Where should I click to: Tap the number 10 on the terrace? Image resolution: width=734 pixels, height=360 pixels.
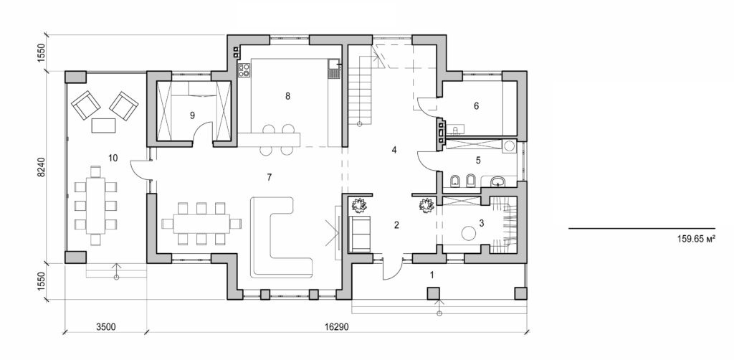[x=113, y=156]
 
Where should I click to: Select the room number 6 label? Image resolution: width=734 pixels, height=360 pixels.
[x=475, y=105]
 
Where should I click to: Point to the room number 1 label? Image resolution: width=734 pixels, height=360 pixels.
[x=432, y=274]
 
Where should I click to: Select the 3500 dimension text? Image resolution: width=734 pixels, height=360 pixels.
[x=106, y=326]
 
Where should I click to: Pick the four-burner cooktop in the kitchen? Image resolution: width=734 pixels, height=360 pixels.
[x=244, y=70]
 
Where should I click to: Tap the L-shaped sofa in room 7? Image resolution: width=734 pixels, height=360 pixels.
[x=276, y=237]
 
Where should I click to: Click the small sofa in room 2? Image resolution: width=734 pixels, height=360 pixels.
[x=359, y=233]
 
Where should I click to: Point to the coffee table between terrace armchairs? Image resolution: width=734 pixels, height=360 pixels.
[x=105, y=125]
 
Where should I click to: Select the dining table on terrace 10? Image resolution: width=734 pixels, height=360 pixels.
[x=94, y=204]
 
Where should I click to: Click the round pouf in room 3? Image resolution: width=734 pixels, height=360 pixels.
[x=468, y=234]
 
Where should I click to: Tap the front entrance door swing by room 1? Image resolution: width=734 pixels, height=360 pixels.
[x=391, y=268]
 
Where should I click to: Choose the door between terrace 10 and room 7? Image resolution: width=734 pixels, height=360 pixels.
[x=140, y=171]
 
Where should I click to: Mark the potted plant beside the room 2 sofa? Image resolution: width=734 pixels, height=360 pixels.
[x=359, y=205]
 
